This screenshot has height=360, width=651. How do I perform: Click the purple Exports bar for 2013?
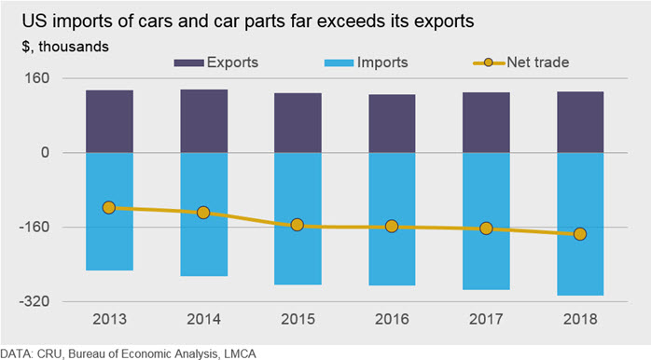[x=110, y=121]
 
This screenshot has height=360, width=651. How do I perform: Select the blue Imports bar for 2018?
[x=580, y=224]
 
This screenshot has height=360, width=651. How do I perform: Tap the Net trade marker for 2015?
[x=298, y=225]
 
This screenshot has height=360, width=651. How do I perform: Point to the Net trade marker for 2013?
[x=109, y=208]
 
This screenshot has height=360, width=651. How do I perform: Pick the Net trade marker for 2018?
[x=580, y=234]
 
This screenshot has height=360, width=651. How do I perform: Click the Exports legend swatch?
[x=189, y=63]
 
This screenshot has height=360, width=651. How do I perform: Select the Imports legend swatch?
[x=339, y=63]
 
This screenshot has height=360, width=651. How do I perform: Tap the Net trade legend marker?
[x=489, y=62]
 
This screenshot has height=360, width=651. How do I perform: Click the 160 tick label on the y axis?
[x=36, y=78]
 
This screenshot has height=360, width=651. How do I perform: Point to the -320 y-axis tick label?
[x=35, y=301]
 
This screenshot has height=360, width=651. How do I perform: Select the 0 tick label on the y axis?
[x=45, y=153]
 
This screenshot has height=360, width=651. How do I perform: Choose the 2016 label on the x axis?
[x=392, y=319]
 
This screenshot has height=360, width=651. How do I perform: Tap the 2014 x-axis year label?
[x=203, y=319]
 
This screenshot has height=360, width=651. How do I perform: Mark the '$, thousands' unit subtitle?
[x=65, y=47]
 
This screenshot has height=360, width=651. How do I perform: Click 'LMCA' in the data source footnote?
[x=240, y=353]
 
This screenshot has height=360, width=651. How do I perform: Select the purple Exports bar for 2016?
[x=392, y=124]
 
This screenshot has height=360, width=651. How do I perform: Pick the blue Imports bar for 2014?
[x=204, y=215]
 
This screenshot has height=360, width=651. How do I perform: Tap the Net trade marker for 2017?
[x=486, y=228]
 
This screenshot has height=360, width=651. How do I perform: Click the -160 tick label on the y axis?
[x=35, y=228]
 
